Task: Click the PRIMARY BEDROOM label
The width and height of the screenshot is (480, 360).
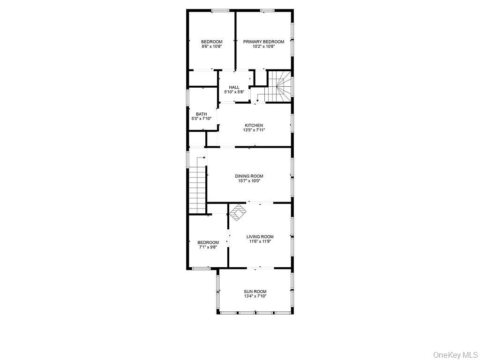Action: click(263, 42)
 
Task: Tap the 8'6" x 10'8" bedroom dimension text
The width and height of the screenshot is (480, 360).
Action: click(212, 46)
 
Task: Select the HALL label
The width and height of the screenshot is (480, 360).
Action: click(234, 87)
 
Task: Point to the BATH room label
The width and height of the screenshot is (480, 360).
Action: click(201, 114)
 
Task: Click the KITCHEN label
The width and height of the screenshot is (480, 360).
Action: click(254, 125)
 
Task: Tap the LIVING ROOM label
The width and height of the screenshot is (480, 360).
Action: click(260, 237)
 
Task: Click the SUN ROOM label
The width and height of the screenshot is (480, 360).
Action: click(255, 292)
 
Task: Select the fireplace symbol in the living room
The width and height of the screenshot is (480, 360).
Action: click(238, 212)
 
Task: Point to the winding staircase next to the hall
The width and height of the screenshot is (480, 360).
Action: click(279, 86)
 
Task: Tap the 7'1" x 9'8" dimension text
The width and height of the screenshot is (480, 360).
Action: click(208, 247)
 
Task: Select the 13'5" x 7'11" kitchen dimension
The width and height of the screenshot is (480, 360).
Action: click(254, 130)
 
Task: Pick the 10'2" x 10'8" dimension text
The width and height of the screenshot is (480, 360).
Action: click(263, 46)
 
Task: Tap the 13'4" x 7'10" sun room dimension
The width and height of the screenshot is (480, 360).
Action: click(255, 296)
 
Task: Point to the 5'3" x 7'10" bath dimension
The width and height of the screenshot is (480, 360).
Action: click(201, 119)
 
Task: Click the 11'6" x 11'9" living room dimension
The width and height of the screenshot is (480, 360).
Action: click(260, 241)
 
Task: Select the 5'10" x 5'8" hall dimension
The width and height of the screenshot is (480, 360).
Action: click(234, 92)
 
